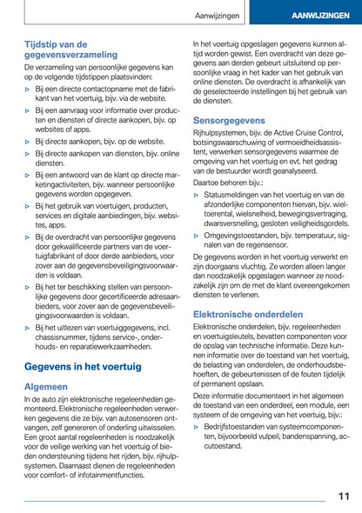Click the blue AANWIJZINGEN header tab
[x=316, y=17]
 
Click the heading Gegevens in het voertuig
[x=83, y=367]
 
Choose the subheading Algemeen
[x=46, y=386]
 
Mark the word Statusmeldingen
[x=235, y=196]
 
